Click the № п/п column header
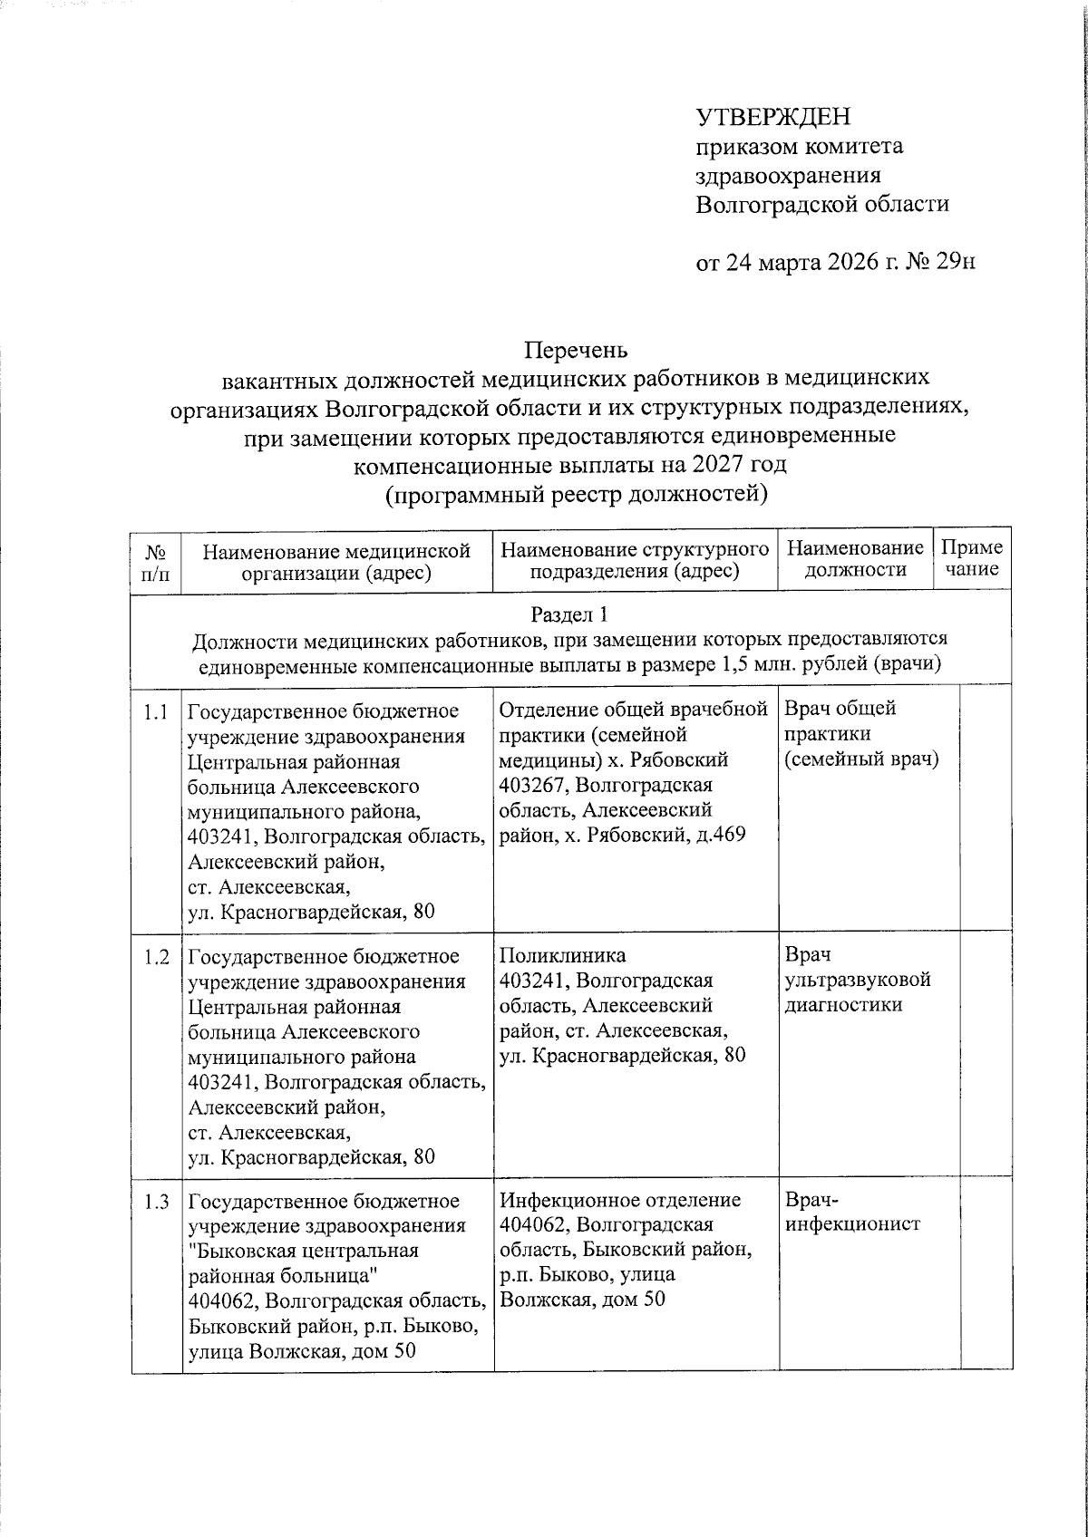pyautogui.click(x=155, y=561)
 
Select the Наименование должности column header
pyautogui.click(x=855, y=559)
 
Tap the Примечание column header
pyautogui.click(x=972, y=559)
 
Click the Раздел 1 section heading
pyautogui.click(x=569, y=615)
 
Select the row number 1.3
pyautogui.click(x=155, y=1203)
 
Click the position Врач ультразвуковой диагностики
pyautogui.click(x=857, y=980)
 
